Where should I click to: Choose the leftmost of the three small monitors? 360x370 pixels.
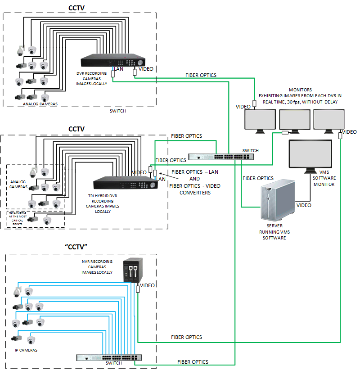(260, 121)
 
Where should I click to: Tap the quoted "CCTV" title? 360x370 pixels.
(76, 246)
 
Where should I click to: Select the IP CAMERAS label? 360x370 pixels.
(24, 350)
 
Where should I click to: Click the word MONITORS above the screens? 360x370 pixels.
(300, 89)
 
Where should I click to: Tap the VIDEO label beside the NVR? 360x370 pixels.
(147, 285)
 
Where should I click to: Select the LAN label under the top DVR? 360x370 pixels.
(118, 69)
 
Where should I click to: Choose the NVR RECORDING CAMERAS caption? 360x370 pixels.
(97, 266)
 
